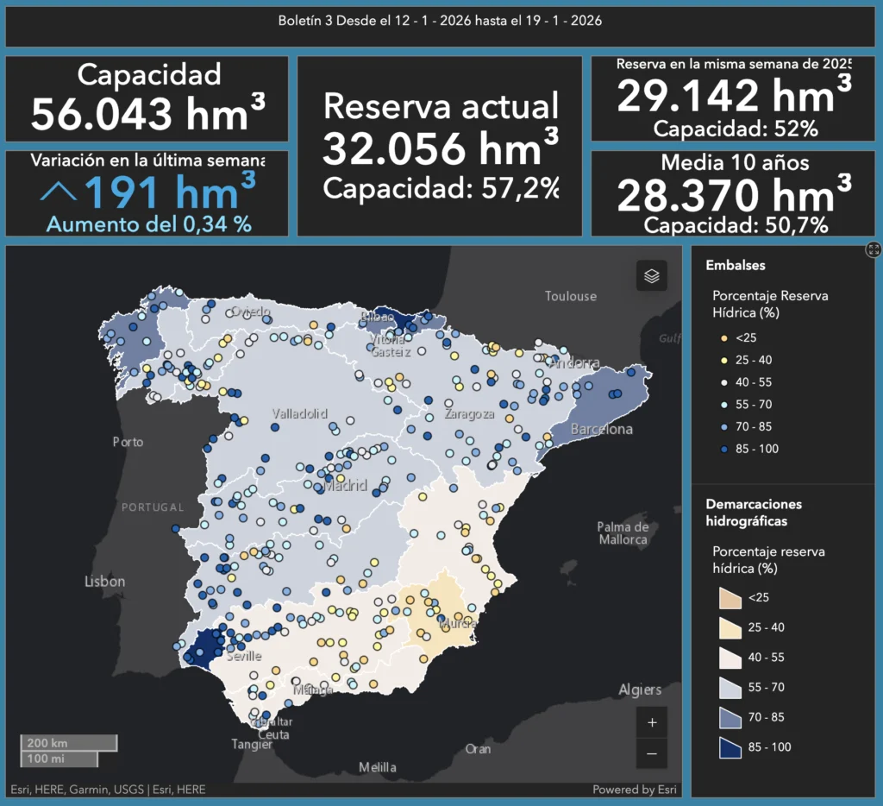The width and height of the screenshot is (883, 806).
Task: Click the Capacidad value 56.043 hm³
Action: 147,113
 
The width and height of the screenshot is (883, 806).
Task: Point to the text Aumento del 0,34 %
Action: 148,224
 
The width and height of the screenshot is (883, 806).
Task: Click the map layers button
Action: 652,276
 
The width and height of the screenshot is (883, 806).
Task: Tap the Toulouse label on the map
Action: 570,297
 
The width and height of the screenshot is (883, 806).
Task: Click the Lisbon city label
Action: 104,582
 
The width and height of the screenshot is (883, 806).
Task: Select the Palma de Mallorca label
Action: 623,533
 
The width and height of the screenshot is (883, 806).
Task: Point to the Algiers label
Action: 640,690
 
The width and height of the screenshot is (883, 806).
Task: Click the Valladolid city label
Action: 299,413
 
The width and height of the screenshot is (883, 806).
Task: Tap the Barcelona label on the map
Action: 602,430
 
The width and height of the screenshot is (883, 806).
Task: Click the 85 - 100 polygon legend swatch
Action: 730,746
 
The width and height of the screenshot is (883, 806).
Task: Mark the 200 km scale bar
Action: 69,743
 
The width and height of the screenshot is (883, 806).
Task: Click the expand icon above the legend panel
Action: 874,249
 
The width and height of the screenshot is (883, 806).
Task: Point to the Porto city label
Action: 128,442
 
